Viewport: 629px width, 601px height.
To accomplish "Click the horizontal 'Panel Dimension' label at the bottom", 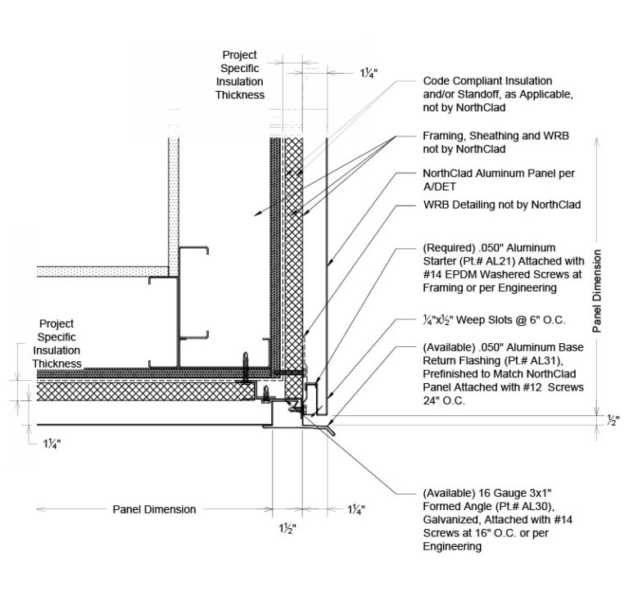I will pyautogui.click(x=154, y=509).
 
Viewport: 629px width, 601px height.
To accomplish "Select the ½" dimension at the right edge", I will pyautogui.click(x=613, y=421).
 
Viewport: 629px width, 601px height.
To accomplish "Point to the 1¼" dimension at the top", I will pyautogui.click(x=369, y=73).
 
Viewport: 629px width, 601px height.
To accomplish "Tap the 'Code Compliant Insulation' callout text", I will pyautogui.click(x=487, y=81).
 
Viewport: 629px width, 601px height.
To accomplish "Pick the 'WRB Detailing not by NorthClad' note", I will pyautogui.click(x=501, y=204).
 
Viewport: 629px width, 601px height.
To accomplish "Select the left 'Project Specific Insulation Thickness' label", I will pyautogui.click(x=57, y=344).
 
